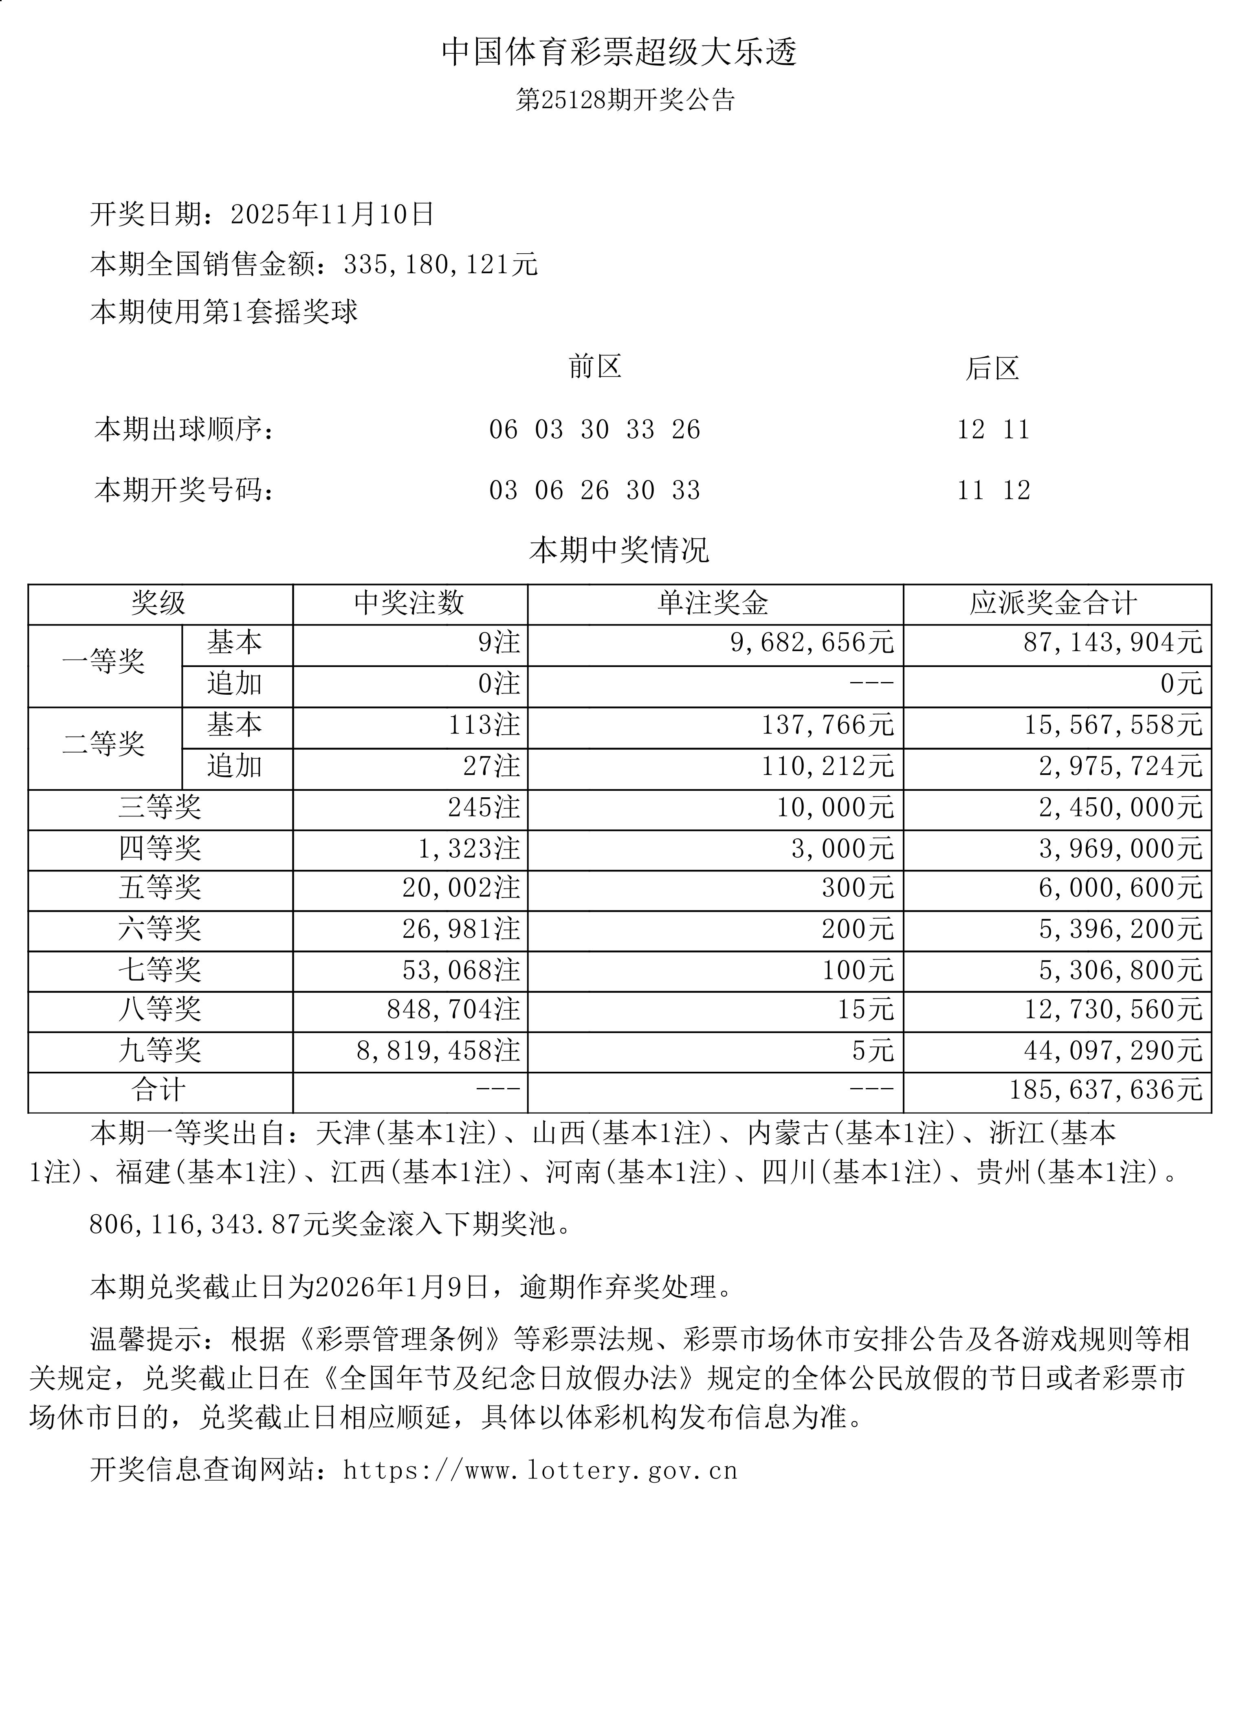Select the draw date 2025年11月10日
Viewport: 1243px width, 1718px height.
332,214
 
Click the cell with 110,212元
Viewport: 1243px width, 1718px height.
828,767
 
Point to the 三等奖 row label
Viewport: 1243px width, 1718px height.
160,807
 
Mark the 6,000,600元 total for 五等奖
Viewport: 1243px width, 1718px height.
1120,889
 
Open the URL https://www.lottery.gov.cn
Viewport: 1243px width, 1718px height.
540,1470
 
